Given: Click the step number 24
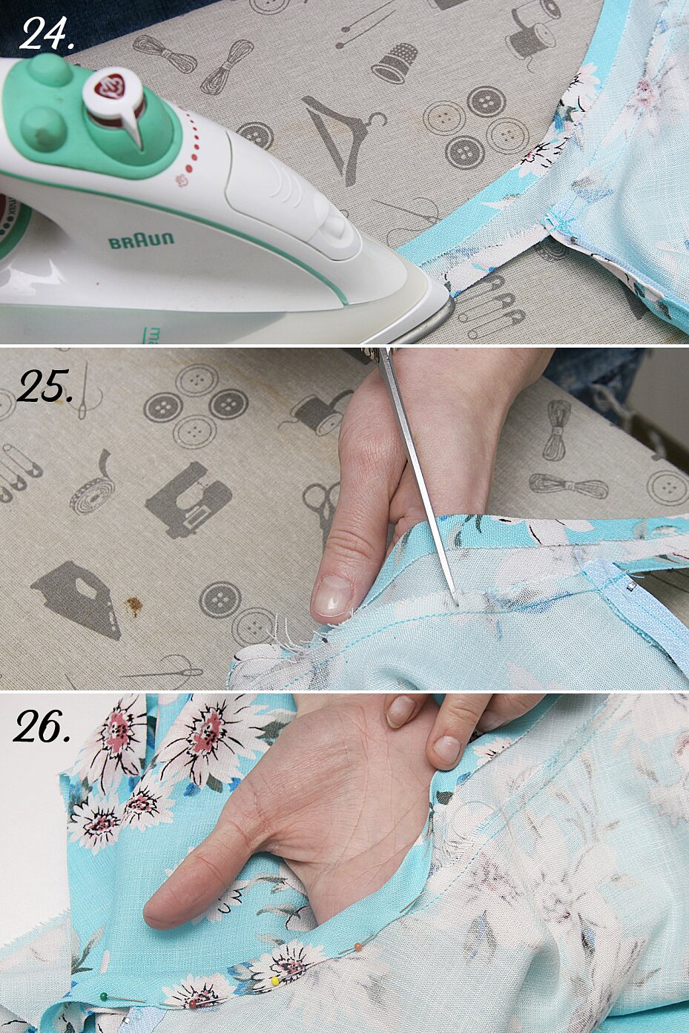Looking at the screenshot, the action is [x=47, y=33].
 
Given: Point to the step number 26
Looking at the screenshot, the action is [x=42, y=725].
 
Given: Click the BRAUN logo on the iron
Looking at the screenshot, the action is [x=141, y=241].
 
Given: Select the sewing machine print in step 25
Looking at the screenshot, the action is [x=188, y=500].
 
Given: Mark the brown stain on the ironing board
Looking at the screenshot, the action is [x=134, y=607].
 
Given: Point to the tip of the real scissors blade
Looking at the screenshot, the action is [x=456, y=603].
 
